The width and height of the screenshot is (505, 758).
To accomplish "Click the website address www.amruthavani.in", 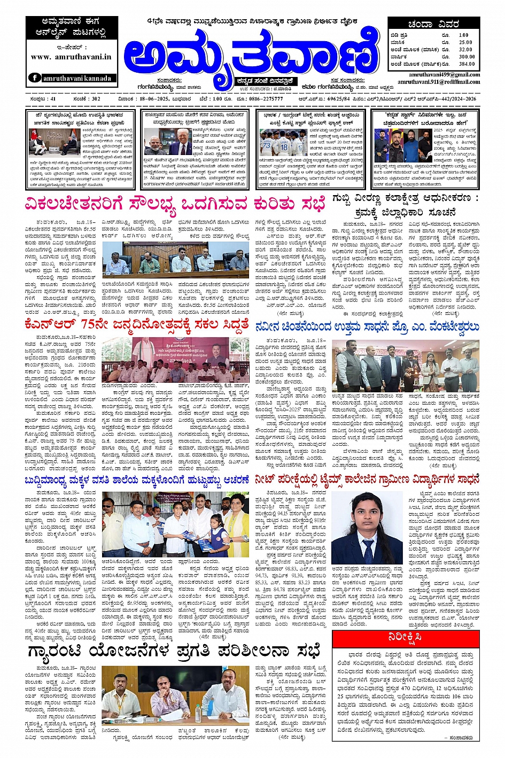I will pyautogui.click(x=71, y=57).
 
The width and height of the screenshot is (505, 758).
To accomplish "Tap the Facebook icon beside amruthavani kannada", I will pyautogui.click(x=35, y=78).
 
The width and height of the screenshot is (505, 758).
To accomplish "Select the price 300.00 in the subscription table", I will pyautogui.click(x=466, y=56).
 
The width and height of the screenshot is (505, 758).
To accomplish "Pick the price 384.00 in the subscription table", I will pyautogui.click(x=466, y=64).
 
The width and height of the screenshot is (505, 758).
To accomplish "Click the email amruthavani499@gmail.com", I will pyautogui.click(x=444, y=75).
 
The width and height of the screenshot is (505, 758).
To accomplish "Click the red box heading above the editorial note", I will pyautogui.click(x=405, y=638).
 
